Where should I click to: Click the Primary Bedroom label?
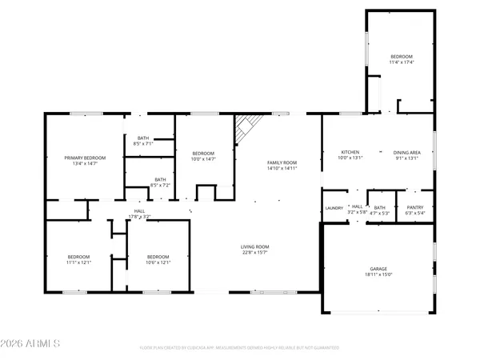click(85, 158)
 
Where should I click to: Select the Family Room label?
click(282, 162)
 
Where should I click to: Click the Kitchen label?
click(350, 152)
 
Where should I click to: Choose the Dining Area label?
click(412, 152)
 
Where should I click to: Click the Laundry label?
click(334, 208)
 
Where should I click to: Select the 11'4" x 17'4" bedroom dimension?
click(402, 62)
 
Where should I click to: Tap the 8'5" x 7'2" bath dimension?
click(160, 185)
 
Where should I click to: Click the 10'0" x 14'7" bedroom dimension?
click(203, 158)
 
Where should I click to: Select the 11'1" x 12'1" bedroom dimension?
click(78, 262)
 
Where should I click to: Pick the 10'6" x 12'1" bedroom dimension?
click(158, 262)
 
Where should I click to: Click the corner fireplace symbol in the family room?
click(246, 128)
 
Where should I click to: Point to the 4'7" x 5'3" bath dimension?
click(379, 213)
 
